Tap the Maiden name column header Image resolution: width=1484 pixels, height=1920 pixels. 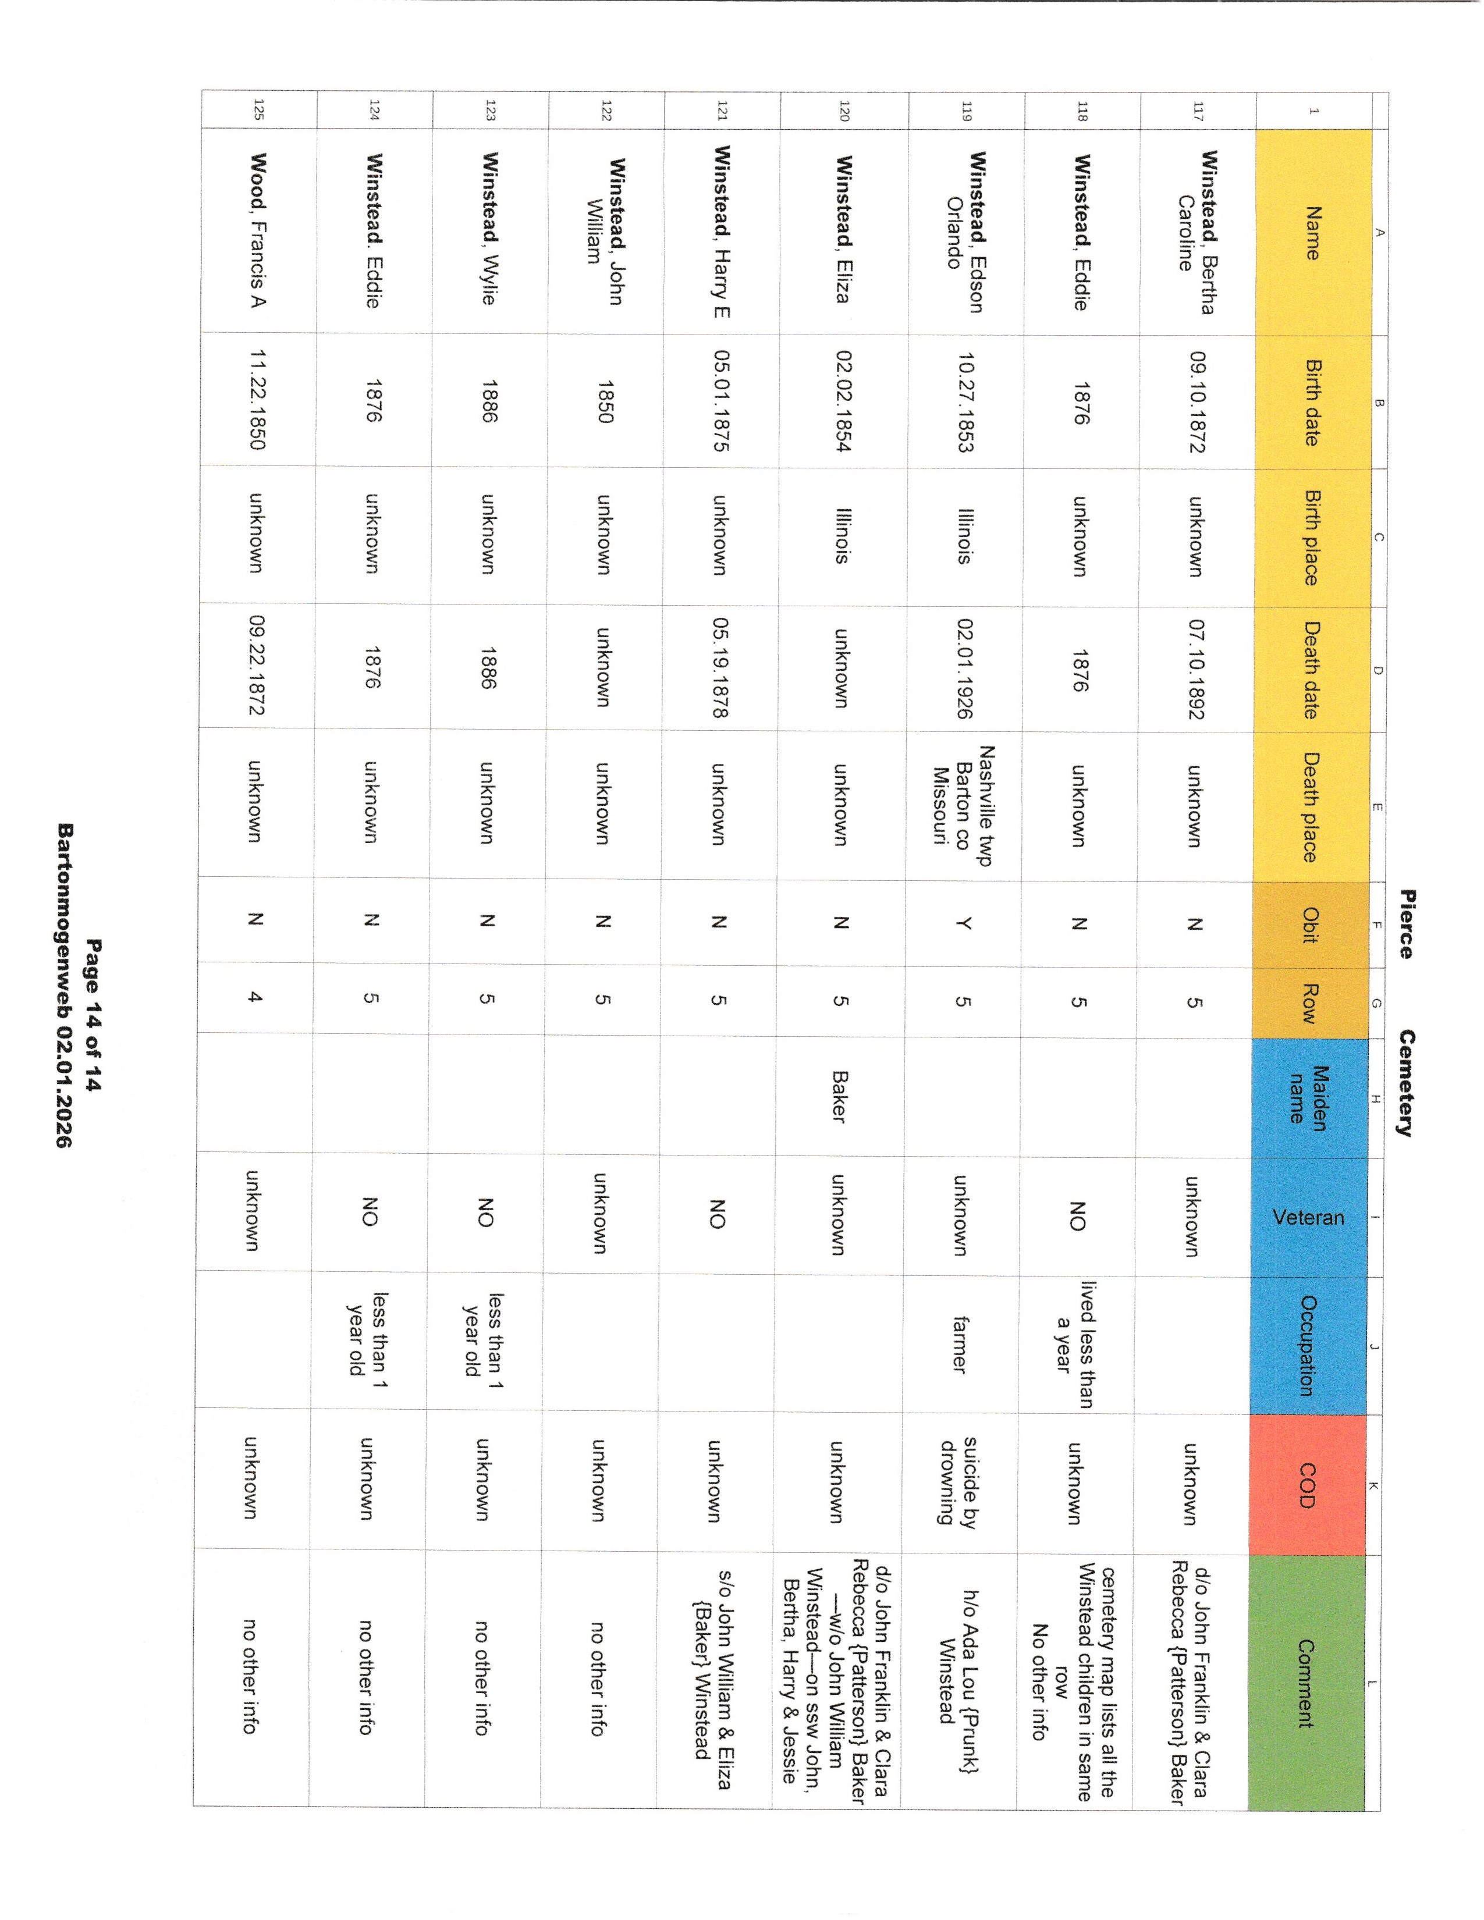pos(1307,1094)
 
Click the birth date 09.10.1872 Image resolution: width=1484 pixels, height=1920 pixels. pos(1197,402)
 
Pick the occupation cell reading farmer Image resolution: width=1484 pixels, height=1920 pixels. pos(960,1345)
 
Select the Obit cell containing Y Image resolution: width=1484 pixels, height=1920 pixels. pos(964,923)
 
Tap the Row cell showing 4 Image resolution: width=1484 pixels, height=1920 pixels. pos(255,997)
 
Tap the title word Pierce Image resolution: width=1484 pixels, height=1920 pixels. pos(1406,923)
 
